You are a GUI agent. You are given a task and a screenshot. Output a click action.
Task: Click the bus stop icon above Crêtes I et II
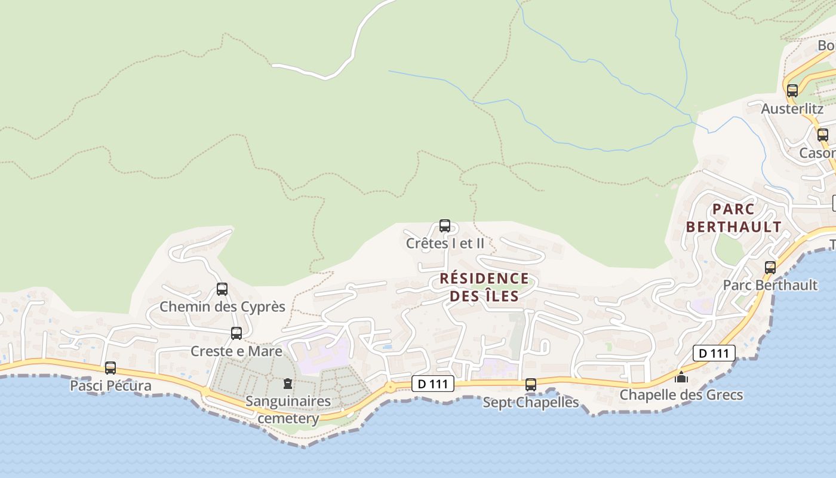point(444,226)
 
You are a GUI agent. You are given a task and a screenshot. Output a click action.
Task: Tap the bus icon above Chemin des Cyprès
point(222,289)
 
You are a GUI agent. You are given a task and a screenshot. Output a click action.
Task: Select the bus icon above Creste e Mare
point(236,333)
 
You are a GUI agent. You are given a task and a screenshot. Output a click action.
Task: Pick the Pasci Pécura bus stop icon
point(110,368)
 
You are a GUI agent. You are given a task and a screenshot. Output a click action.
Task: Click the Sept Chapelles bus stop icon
point(531,385)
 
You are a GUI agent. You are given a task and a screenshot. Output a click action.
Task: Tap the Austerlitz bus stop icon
point(792,91)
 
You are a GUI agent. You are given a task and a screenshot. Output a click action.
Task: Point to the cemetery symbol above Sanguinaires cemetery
point(288,383)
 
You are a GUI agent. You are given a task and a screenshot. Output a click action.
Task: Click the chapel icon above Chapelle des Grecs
point(681,377)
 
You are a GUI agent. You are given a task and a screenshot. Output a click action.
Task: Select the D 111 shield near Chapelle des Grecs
point(714,353)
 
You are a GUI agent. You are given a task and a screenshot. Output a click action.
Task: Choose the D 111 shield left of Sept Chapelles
point(433,384)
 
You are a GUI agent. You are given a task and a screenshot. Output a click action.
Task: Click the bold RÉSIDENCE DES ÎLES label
point(484,287)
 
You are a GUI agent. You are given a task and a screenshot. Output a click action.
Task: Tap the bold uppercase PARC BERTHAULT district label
point(734,218)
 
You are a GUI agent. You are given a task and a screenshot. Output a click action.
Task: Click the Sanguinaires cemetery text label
point(288,409)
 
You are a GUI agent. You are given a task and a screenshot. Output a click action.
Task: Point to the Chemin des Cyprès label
point(222,307)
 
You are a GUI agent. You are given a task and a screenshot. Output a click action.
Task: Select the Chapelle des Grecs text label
point(681,395)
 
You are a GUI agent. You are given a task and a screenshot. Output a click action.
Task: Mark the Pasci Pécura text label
point(110,386)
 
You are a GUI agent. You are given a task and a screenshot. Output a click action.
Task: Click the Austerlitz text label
point(792,109)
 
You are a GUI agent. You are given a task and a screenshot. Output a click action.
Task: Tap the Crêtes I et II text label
point(445,243)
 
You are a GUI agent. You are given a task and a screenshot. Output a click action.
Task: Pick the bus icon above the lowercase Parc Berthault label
point(770,267)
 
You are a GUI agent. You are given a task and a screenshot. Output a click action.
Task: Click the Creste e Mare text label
point(236,351)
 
